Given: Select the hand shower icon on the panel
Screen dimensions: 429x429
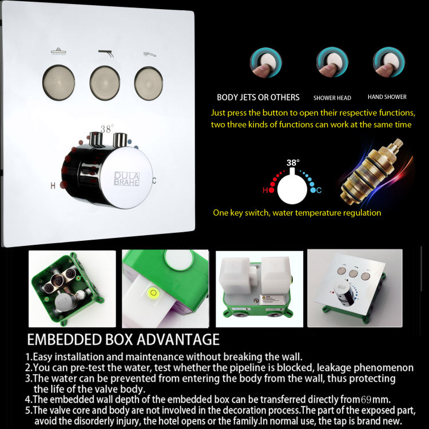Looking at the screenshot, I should (x=150, y=54).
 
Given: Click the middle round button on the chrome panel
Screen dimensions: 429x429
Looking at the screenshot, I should (x=105, y=81).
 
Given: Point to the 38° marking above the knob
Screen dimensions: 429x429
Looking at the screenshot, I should (x=107, y=129).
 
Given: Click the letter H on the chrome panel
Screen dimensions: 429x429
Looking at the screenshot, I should (x=53, y=185).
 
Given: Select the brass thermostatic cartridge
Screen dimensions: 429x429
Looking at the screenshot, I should (x=372, y=171).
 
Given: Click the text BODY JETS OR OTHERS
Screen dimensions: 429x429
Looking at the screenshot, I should (x=258, y=97).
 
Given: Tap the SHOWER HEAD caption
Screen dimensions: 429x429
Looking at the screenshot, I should (x=332, y=98).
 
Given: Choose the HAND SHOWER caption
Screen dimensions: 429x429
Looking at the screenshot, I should (x=387, y=97).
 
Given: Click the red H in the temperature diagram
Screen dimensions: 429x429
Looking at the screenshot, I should (x=265, y=190).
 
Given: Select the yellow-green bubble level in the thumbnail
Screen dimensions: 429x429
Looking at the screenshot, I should (x=153, y=294).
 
